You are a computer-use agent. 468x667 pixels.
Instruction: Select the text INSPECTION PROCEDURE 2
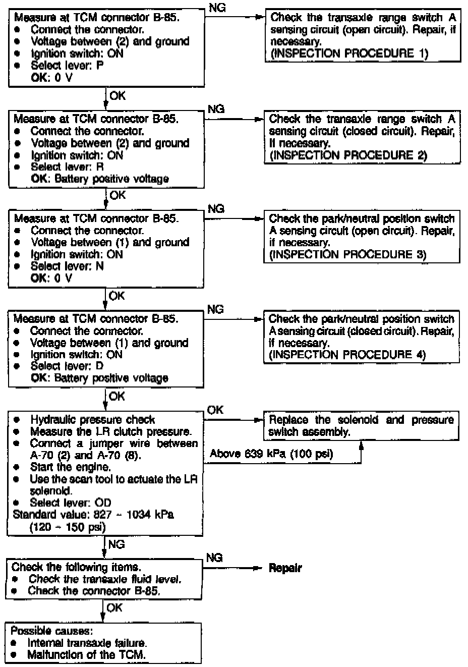pyautogui.click(x=348, y=155)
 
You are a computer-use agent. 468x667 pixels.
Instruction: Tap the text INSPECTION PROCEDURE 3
pyautogui.click(x=347, y=255)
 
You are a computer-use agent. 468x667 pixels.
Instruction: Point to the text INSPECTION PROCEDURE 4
pyautogui.click(x=347, y=355)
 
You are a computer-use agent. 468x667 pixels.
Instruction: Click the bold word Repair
pyautogui.click(x=285, y=568)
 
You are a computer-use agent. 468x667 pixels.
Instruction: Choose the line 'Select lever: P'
pyautogui.click(x=67, y=66)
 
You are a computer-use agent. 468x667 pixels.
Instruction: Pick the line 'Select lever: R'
pyautogui.click(x=67, y=167)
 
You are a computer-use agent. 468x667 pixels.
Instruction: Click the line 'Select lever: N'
pyautogui.click(x=67, y=266)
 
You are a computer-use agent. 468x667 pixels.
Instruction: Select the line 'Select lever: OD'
pyautogui.click(x=70, y=503)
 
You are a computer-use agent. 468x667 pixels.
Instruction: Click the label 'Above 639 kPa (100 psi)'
pyautogui.click(x=271, y=454)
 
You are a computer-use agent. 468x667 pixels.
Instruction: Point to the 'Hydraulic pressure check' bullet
pyautogui.click(x=92, y=420)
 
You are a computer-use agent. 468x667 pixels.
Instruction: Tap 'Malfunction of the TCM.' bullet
pyautogui.click(x=86, y=655)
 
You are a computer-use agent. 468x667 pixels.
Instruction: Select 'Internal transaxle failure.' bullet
pyautogui.click(x=87, y=643)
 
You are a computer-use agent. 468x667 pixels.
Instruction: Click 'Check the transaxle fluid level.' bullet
pyautogui.click(x=104, y=579)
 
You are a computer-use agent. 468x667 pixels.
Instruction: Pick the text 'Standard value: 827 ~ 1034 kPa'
pyautogui.click(x=93, y=515)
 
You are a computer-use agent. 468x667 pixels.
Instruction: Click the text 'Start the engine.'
pyautogui.click(x=70, y=467)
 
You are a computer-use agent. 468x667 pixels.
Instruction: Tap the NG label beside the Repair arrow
pyautogui.click(x=214, y=558)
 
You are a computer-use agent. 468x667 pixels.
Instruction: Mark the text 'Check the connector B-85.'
pyautogui.click(x=94, y=591)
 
